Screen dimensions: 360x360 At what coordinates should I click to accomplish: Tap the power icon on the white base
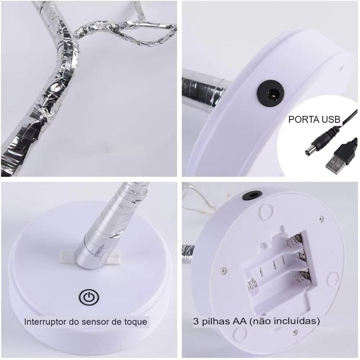[x=89, y=297]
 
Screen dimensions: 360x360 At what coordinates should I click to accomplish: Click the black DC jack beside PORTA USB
[x=271, y=93]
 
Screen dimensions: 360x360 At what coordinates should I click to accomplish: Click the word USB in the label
[x=331, y=119]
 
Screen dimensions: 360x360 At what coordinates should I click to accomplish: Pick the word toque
[x=135, y=322]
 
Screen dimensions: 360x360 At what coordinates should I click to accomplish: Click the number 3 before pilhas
[x=195, y=321]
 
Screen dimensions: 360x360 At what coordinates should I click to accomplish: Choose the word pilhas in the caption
[x=216, y=321]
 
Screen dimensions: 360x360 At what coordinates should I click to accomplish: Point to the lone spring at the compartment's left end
[x=251, y=284]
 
